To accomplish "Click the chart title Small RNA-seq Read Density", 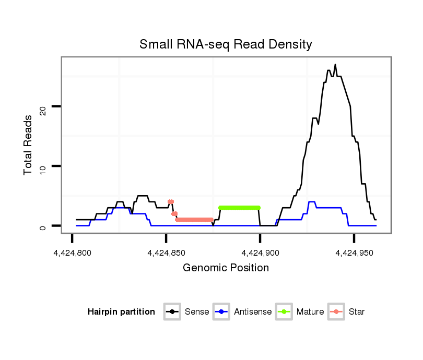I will [226, 44].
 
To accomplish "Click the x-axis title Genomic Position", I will [226, 268].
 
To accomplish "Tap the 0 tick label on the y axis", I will [43, 226].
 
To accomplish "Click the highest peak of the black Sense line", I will [335, 65].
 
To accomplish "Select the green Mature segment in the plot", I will [240, 208].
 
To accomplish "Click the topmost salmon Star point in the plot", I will [170, 201].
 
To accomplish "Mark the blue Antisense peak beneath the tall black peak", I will [312, 202].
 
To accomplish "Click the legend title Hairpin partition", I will [121, 312].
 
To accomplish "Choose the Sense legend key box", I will [172, 312].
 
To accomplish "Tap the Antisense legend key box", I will [221, 312].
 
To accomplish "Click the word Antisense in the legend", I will [253, 312].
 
